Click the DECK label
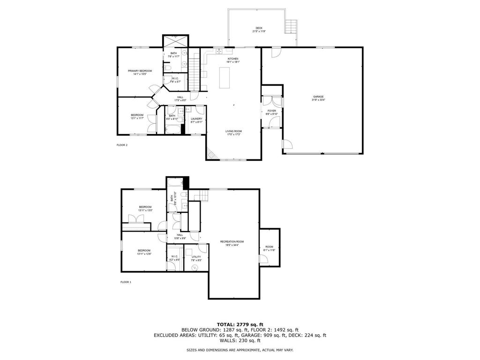(259, 30)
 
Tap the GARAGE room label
(318, 98)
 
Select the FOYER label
(272, 112)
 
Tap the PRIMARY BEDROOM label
(140, 72)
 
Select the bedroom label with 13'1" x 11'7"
(137, 116)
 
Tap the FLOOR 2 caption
(122, 145)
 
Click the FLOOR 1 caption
(126, 282)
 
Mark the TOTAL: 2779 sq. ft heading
(240, 324)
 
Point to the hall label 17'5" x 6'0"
(180, 98)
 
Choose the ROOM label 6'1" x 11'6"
(269, 248)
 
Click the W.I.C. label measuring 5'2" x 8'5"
(173, 258)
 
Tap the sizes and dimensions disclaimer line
(240, 350)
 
